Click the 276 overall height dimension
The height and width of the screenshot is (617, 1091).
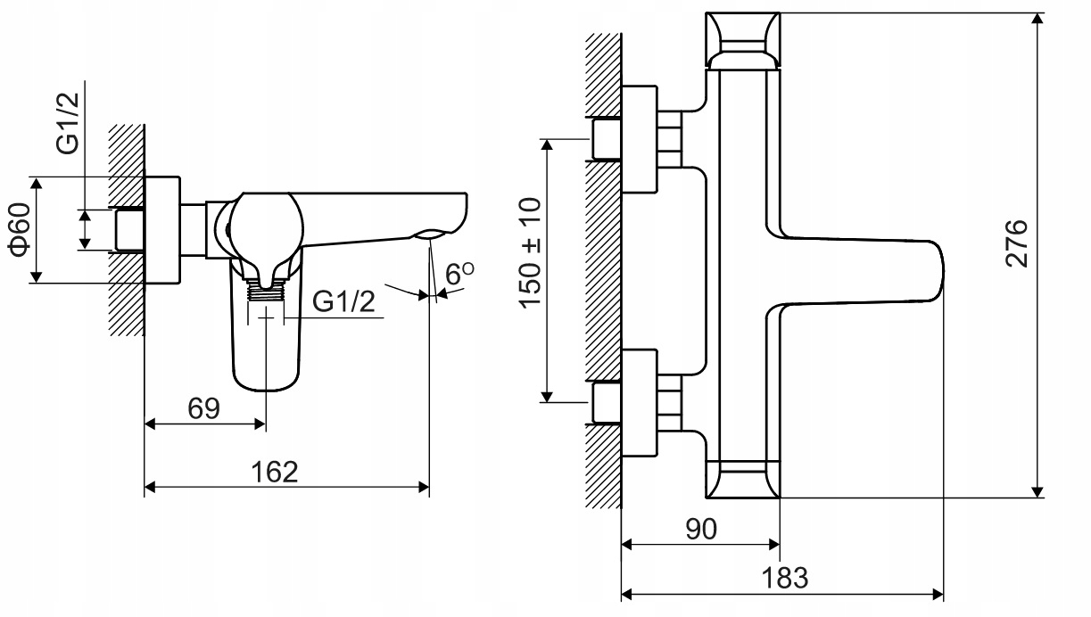click(x=1016, y=243)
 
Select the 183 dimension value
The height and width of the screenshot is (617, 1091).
click(x=785, y=578)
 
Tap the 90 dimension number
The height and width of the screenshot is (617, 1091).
click(x=701, y=529)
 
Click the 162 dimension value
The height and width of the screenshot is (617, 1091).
click(x=274, y=472)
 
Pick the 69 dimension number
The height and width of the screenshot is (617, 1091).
click(x=203, y=408)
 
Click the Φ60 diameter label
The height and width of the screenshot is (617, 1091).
click(x=20, y=229)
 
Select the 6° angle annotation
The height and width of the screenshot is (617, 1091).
click(x=459, y=273)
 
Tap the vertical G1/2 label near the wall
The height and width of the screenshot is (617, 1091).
click(x=67, y=123)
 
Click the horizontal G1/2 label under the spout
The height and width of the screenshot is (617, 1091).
click(x=343, y=301)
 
